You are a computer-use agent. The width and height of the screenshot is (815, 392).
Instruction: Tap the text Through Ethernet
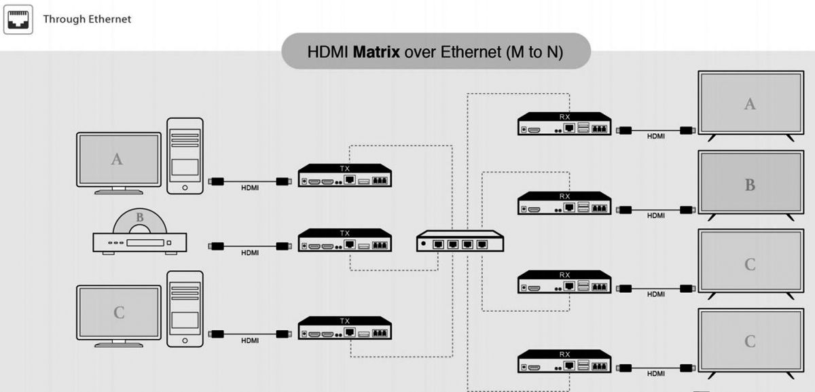point(87,19)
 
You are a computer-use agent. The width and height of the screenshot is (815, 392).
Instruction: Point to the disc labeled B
point(140,219)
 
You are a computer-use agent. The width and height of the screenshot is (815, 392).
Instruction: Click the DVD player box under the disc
point(140,242)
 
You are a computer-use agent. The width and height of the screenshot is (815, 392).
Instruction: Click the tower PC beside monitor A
point(185,156)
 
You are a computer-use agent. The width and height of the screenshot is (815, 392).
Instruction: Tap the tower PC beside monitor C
point(185,308)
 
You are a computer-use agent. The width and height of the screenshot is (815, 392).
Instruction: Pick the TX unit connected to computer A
point(344,176)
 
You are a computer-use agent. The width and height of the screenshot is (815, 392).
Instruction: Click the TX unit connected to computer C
point(344,328)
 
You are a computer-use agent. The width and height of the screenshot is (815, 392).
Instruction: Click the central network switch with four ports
point(460,241)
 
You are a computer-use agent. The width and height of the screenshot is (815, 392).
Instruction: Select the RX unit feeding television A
point(564,124)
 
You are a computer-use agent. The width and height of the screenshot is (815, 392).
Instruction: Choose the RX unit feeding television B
point(564,204)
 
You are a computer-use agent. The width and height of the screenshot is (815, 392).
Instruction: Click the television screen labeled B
point(750,184)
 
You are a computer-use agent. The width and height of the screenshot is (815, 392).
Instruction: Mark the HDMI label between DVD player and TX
point(250,253)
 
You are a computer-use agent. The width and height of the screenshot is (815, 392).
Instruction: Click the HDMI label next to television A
point(656,136)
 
